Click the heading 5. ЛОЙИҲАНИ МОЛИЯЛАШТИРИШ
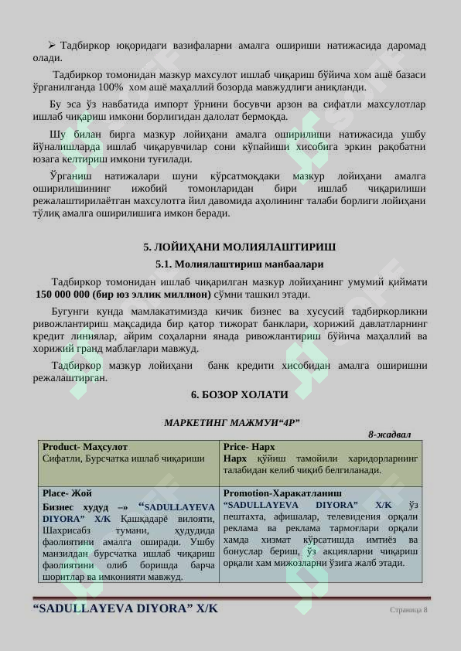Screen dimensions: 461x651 tap(239, 247)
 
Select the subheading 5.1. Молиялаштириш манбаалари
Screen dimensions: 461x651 tap(239, 264)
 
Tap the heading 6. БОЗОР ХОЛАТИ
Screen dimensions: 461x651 tap(239, 395)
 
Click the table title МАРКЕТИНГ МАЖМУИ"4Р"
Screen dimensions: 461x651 tap(232, 423)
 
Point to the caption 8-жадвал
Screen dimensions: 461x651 tap(389, 435)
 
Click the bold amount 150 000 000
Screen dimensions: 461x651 tap(62, 295)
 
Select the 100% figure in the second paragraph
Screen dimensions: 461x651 tap(111, 87)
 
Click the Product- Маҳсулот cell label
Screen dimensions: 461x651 tap(85, 447)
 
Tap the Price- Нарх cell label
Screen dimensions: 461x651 tap(249, 447)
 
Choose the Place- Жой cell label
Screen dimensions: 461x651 tap(67, 493)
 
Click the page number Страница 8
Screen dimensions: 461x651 tap(408, 610)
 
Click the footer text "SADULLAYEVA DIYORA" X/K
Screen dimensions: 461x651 tap(125, 608)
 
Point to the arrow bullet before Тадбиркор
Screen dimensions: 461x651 tap(52, 46)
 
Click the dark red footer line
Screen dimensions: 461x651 tap(230, 598)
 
